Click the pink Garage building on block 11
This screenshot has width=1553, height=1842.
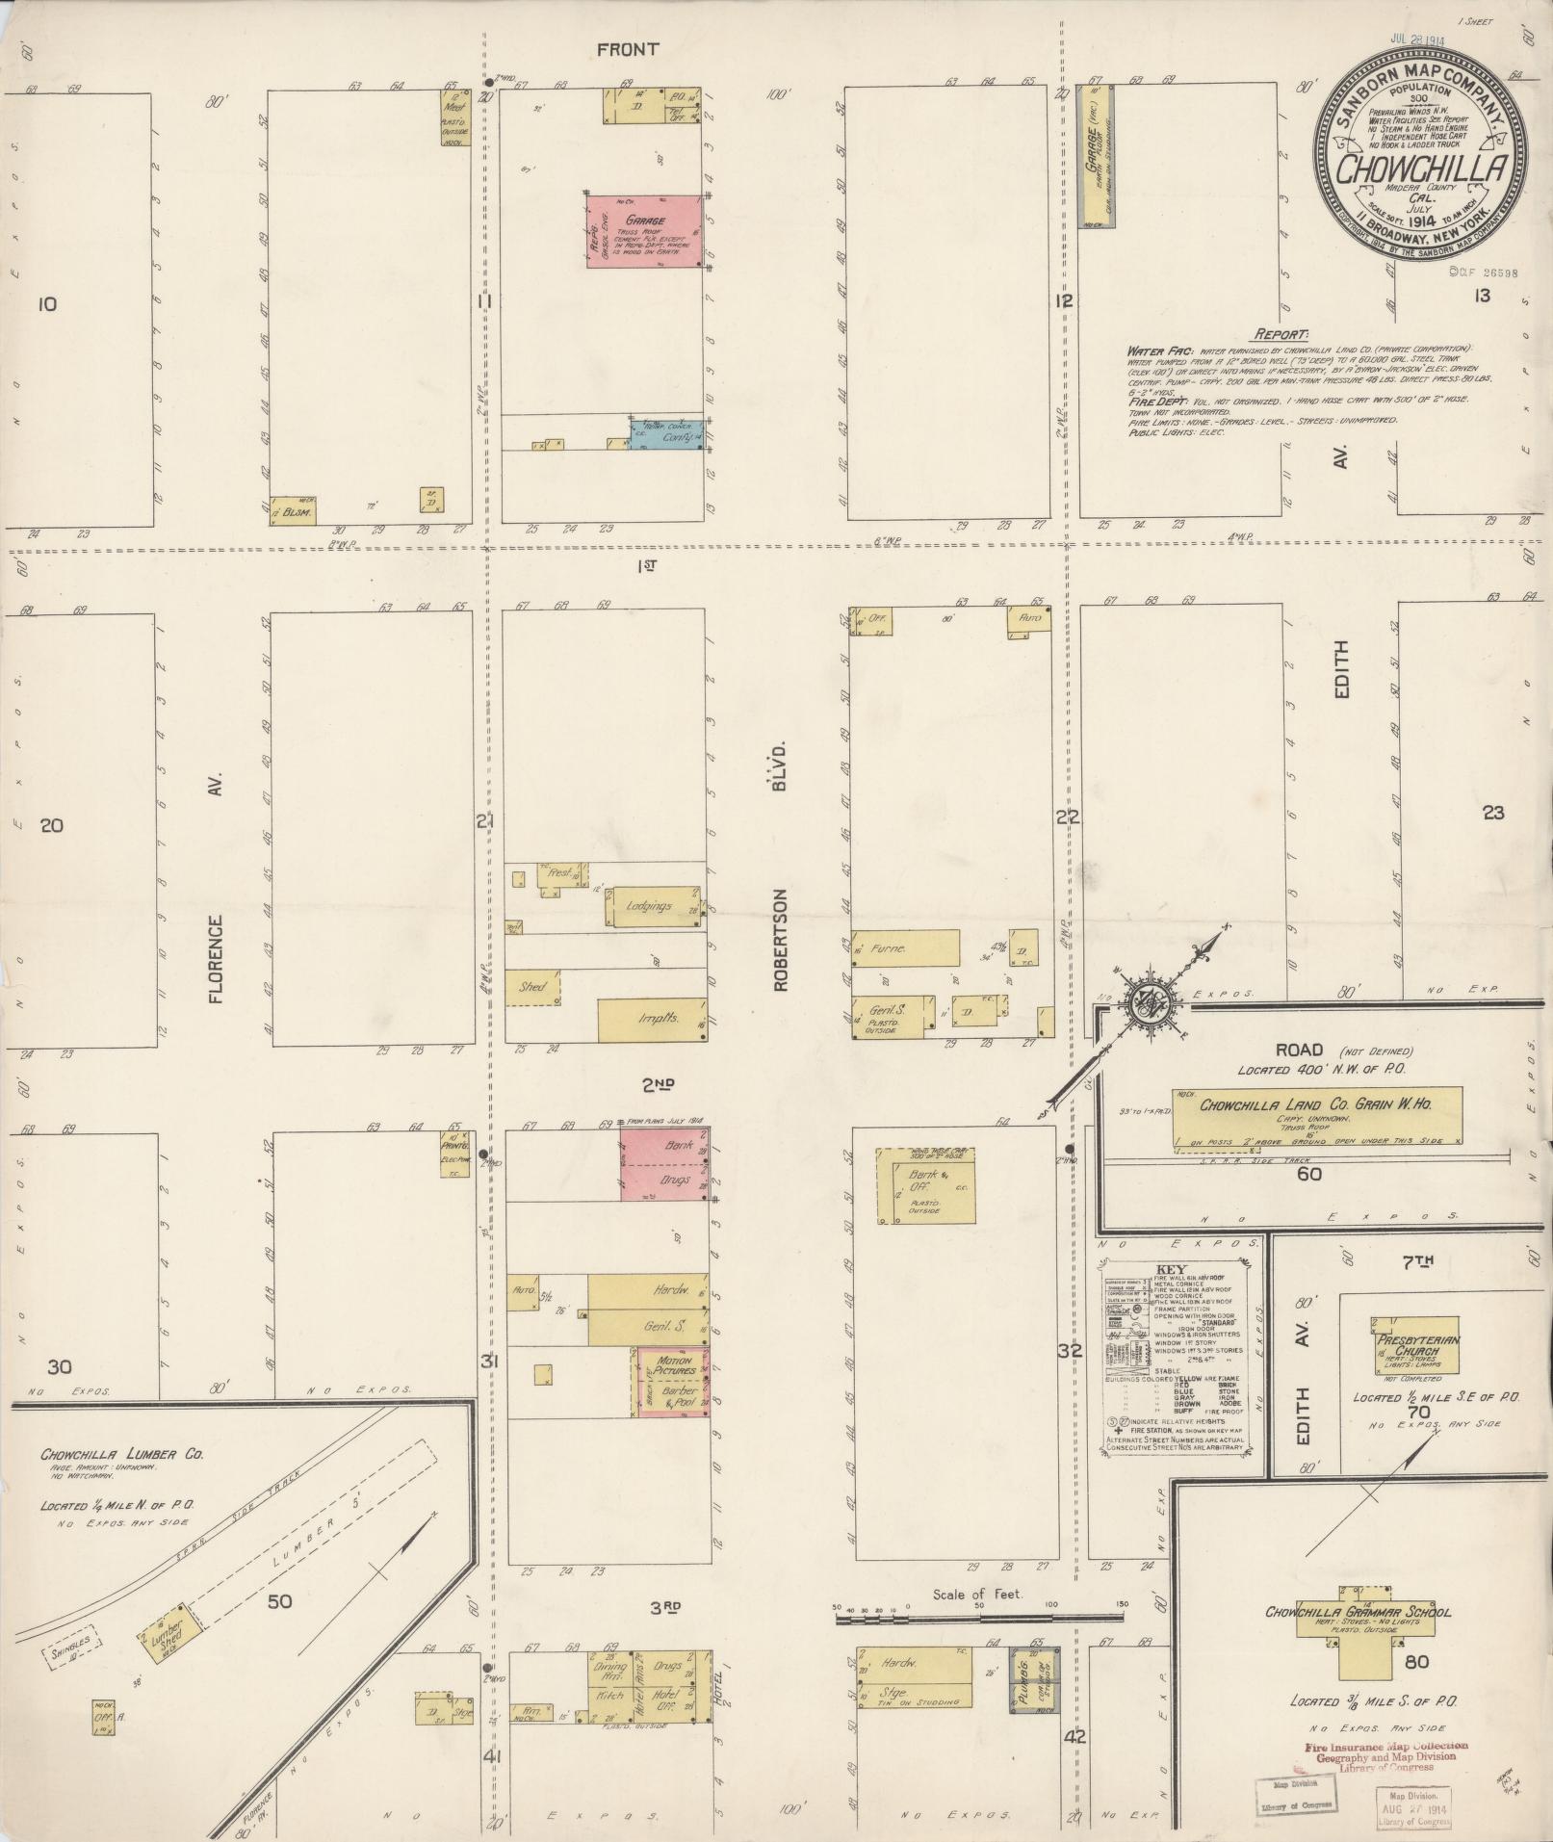[643, 231]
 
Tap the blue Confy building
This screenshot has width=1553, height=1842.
[665, 435]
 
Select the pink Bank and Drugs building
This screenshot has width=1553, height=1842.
[664, 1164]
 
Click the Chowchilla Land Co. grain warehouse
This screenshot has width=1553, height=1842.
[1316, 1116]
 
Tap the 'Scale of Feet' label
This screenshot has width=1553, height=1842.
[977, 1596]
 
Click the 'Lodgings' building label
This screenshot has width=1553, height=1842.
[648, 906]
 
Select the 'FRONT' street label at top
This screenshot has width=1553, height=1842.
[627, 49]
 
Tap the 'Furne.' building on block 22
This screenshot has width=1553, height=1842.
[905, 948]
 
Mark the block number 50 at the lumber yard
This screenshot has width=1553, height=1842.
[279, 1602]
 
